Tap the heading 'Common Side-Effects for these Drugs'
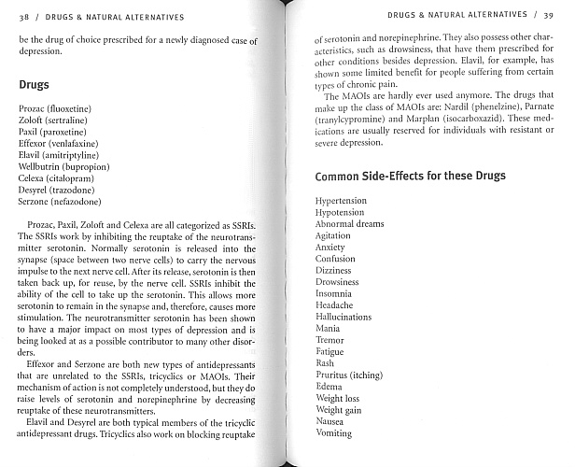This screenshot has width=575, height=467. point(410,176)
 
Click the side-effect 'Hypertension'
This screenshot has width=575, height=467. point(341,201)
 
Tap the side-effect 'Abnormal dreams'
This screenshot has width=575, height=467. point(349,224)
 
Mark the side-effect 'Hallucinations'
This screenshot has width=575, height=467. point(344,318)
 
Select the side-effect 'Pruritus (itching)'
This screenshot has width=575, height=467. point(348,375)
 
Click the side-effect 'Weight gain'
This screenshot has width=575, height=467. point(339,410)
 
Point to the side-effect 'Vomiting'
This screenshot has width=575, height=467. point(333,433)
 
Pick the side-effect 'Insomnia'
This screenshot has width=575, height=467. point(334,293)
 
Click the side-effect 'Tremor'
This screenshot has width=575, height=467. point(330,341)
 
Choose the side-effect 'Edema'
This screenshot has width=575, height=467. point(329,387)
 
